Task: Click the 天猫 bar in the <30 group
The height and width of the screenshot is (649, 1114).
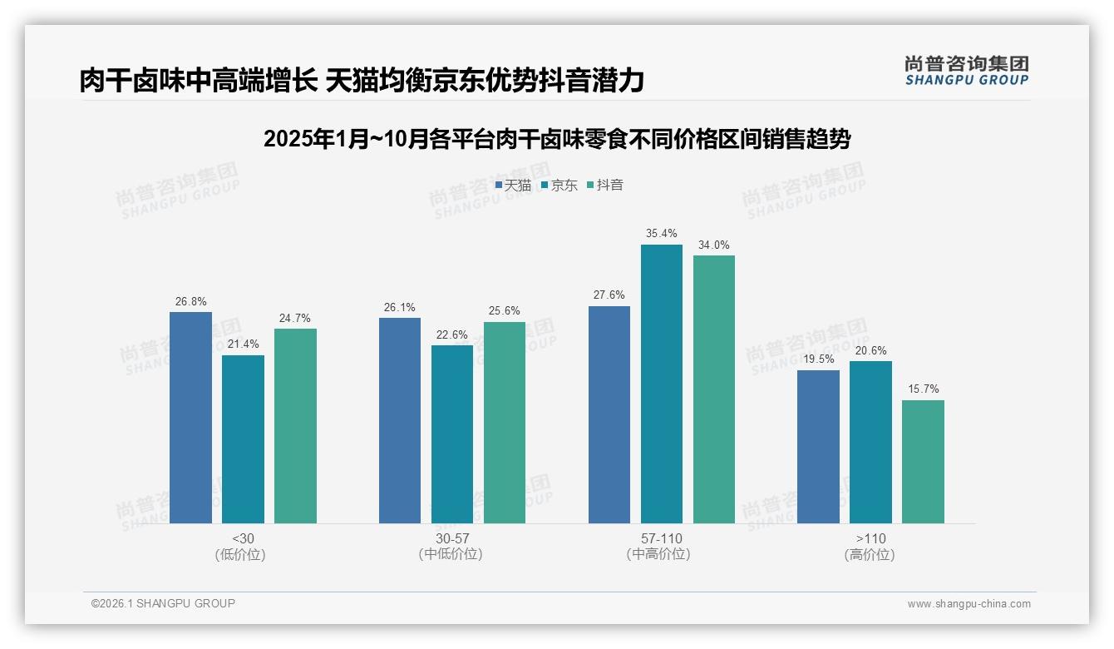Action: [190, 418]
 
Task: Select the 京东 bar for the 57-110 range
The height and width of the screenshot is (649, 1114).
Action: [661, 384]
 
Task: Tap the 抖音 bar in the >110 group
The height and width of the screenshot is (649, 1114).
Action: [923, 462]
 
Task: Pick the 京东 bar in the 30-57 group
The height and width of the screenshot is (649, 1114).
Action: [452, 434]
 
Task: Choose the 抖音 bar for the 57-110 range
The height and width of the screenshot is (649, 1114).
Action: [713, 389]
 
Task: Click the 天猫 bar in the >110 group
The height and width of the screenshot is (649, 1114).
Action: [818, 447]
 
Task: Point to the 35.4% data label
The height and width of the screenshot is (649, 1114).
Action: [662, 234]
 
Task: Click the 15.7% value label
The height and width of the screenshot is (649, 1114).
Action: [923, 389]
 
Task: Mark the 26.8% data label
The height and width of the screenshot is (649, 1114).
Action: [190, 301]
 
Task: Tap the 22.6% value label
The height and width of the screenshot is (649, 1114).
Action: [452, 334]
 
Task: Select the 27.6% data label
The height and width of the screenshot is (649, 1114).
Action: [609, 295]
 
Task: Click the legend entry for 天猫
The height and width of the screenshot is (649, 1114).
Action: [513, 186]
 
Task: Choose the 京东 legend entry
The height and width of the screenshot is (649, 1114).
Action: [559, 186]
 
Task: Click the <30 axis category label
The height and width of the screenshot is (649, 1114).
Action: [243, 538]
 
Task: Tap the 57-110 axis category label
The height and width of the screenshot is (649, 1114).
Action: [662, 538]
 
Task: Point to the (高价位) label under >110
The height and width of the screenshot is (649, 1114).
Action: [870, 555]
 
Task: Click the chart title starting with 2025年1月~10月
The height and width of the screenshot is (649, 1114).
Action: [557, 139]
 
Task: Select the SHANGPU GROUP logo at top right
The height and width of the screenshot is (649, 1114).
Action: [966, 71]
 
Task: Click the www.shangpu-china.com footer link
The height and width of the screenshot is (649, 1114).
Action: [969, 604]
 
